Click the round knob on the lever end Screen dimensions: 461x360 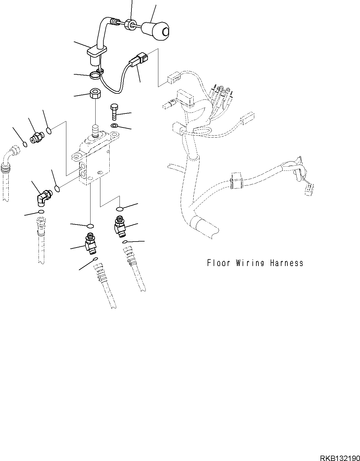pos(155,31)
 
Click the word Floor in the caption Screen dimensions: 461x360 pos(219,263)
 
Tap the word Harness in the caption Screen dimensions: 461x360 pos(287,263)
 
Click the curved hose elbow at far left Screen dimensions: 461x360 pos(11,157)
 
